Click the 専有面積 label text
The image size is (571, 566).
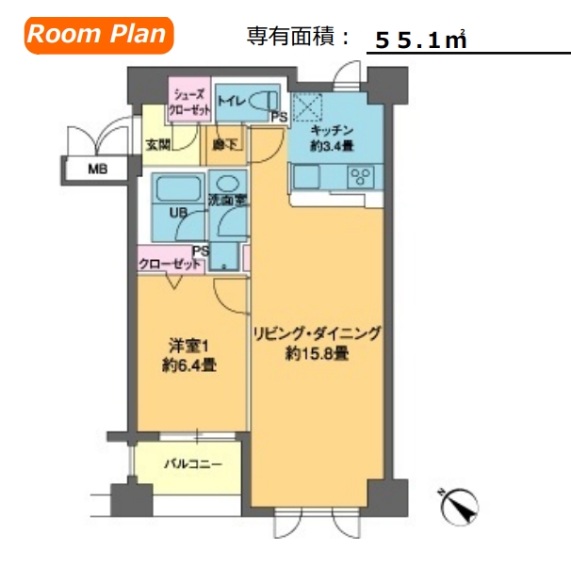click(298, 38)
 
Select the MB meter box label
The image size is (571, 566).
click(97, 170)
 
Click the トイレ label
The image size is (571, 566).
click(232, 99)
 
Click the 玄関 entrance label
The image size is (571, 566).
click(156, 146)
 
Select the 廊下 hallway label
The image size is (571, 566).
click(224, 146)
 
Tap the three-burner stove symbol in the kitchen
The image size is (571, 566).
click(360, 175)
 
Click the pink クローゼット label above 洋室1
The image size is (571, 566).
click(170, 265)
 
